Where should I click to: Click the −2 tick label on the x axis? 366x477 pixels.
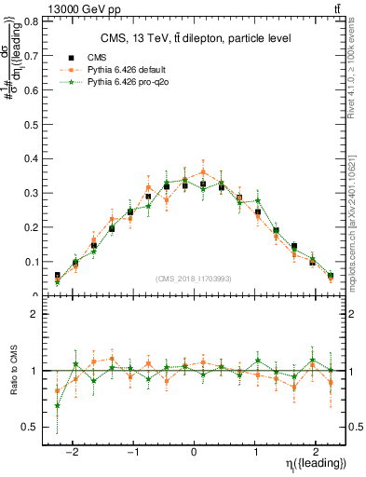pyautogui.click(x=74, y=446)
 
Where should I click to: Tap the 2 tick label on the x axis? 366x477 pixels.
pyautogui.click(x=316, y=446)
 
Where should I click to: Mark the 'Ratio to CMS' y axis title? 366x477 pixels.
pyautogui.click(x=16, y=372)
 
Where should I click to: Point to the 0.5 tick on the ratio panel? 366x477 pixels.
pyautogui.click(x=34, y=427)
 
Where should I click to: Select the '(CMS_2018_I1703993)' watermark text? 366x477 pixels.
pyautogui.click(x=195, y=279)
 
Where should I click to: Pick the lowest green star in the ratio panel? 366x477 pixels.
pyautogui.click(x=58, y=405)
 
